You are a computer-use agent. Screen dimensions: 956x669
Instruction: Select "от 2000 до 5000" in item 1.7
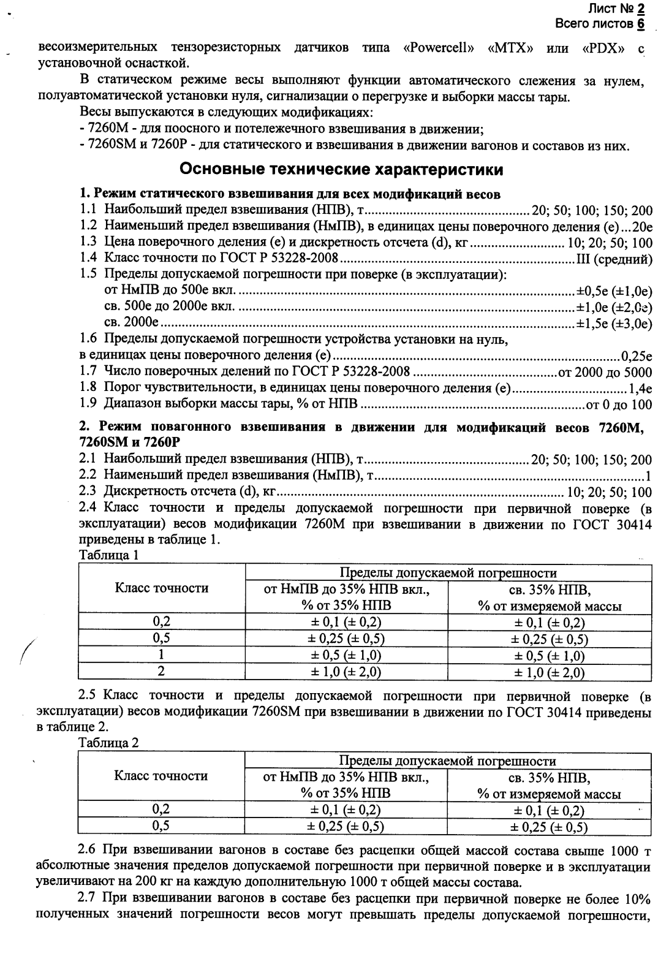point(604,372)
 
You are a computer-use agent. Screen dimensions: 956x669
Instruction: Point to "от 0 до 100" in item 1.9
point(619,404)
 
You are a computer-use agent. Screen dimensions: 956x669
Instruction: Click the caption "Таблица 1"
point(109,555)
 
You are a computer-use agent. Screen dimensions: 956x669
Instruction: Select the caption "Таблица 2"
point(109,743)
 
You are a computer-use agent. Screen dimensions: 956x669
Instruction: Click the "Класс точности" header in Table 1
point(162,588)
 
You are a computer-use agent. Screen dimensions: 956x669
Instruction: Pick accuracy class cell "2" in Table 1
point(162,671)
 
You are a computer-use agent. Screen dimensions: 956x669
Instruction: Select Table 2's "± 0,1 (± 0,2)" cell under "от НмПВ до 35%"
point(346,810)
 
